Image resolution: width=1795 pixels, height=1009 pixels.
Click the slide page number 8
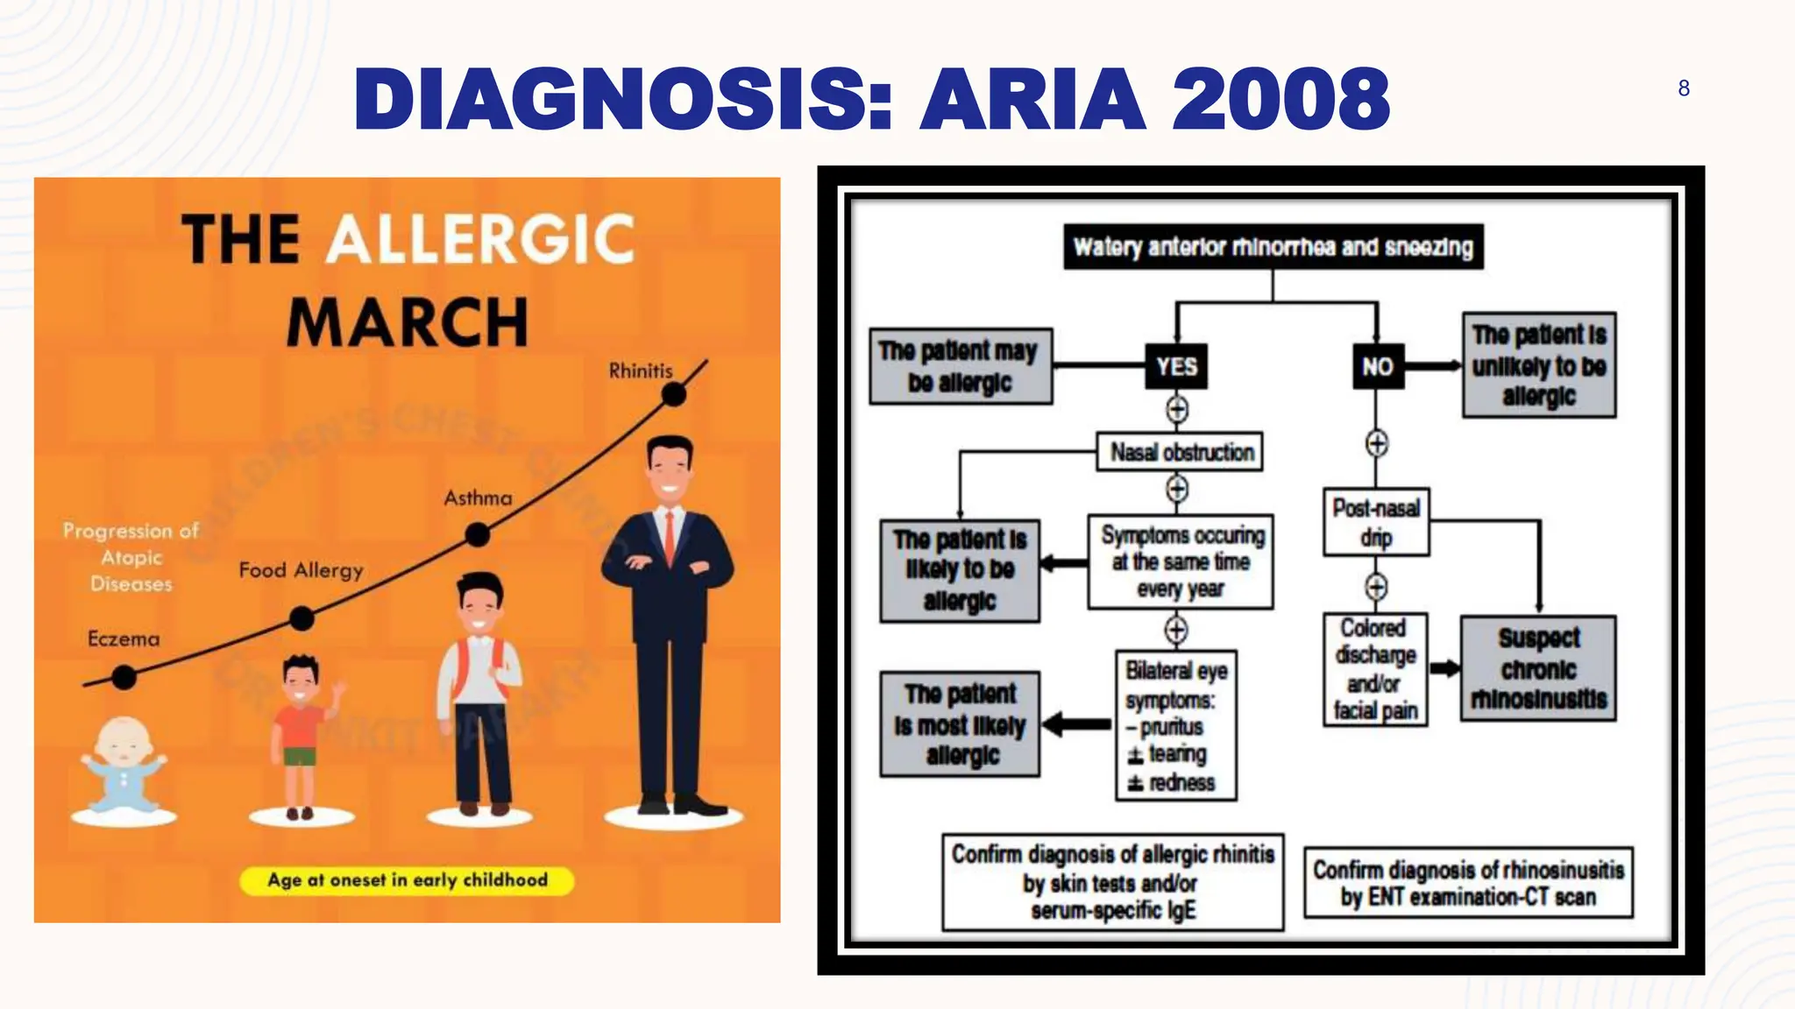1683,88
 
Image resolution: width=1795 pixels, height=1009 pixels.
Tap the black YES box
1175,366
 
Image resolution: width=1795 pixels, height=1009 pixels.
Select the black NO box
1376,366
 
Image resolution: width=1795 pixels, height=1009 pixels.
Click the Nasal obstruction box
1181,452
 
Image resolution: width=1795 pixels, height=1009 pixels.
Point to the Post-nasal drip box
1376,522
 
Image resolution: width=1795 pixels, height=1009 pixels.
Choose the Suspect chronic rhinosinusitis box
1538,668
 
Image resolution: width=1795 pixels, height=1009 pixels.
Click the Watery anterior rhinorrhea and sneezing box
1273,247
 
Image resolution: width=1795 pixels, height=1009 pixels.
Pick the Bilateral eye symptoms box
1175,725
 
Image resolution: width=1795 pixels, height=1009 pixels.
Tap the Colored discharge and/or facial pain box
1375,669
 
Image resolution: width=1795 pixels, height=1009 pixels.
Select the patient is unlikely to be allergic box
1538,365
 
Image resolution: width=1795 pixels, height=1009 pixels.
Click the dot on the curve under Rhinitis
673,395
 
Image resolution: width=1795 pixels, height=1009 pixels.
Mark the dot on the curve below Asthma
477,534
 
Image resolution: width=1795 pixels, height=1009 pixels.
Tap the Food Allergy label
301,570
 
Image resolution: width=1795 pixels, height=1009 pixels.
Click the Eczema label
124,639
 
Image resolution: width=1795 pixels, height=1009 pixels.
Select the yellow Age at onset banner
408,880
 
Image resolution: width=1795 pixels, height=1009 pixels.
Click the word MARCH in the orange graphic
408,322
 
